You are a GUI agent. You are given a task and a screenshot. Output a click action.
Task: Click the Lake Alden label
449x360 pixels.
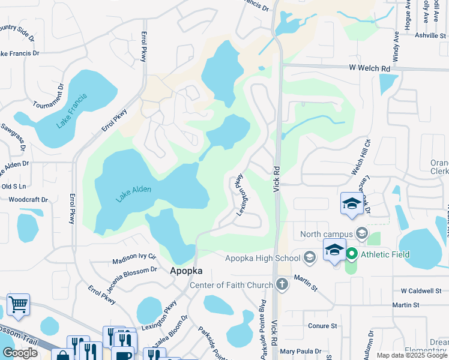[x=134, y=193]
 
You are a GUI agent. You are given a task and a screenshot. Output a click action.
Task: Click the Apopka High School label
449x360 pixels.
[x=262, y=259]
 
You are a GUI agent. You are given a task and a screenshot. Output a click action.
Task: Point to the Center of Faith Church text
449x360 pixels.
[x=231, y=284]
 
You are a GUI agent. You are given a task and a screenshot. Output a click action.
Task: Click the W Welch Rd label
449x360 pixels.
[x=370, y=68]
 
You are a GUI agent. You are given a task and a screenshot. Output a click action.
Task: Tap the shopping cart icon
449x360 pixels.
[x=18, y=305]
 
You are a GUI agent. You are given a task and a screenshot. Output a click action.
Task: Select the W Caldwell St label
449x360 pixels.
[x=421, y=291]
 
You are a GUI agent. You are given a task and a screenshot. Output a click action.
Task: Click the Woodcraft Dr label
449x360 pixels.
[x=28, y=199]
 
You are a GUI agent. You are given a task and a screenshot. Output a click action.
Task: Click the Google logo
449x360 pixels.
[x=20, y=353]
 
